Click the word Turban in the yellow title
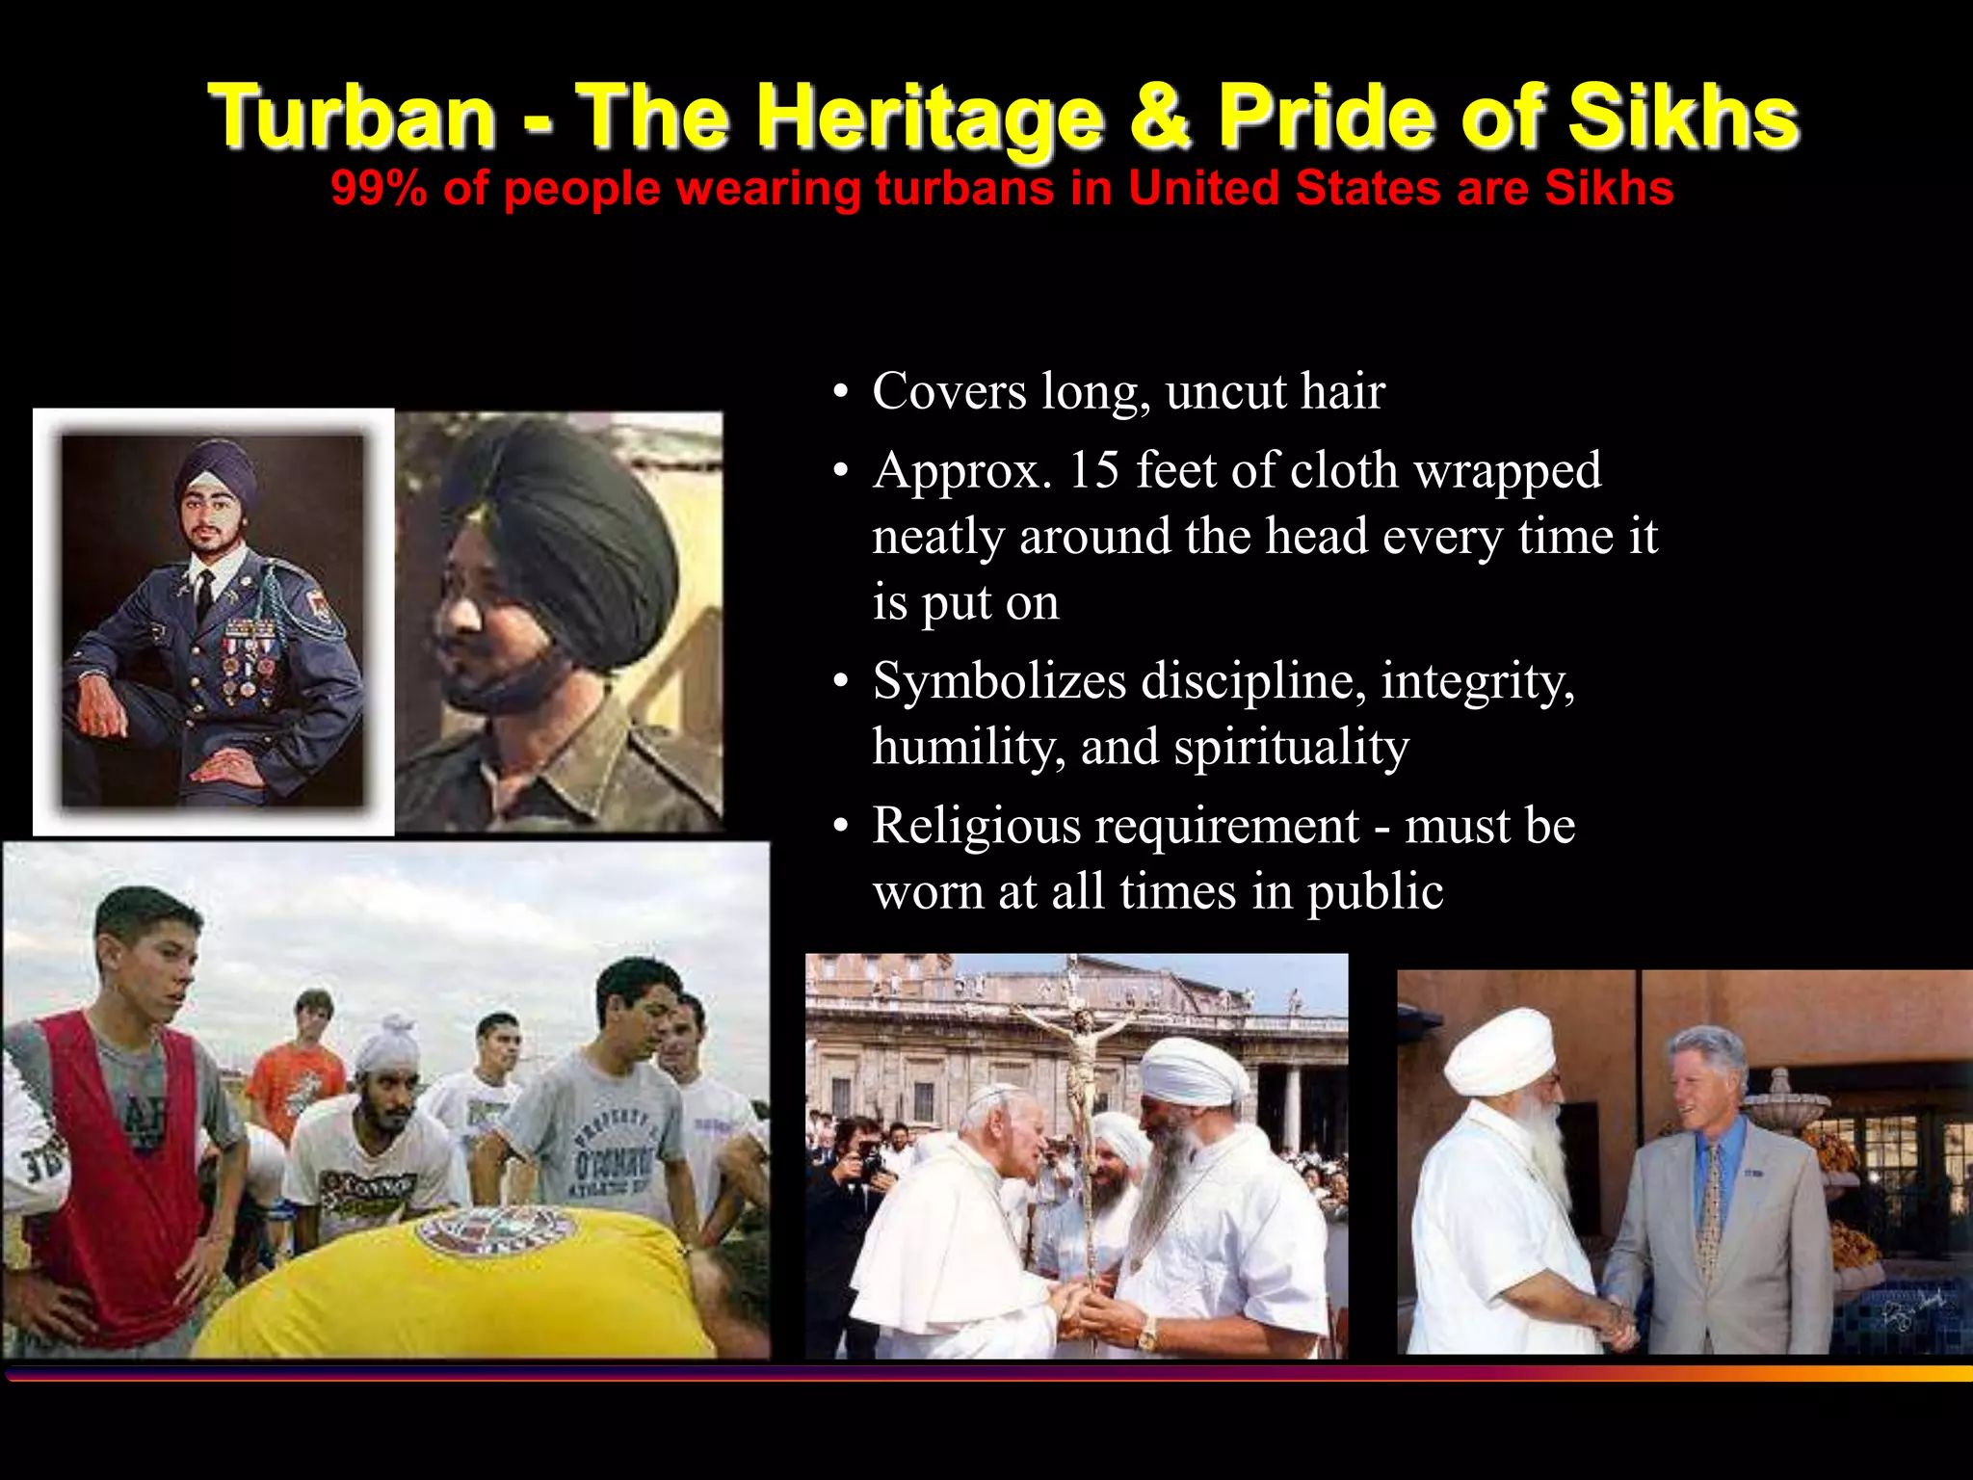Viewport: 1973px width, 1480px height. pyautogui.click(x=353, y=117)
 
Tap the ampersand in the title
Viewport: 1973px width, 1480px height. pyautogui.click(x=1159, y=117)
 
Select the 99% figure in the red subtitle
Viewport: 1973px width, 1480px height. pyautogui.click(x=379, y=188)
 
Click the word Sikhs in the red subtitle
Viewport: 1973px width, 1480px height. pyautogui.click(x=1609, y=188)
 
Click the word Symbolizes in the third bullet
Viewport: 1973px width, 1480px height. pyautogui.click(x=999, y=681)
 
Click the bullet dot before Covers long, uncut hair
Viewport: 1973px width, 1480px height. pyautogui.click(x=841, y=393)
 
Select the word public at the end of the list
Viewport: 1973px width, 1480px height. pyautogui.click(x=1375, y=891)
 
